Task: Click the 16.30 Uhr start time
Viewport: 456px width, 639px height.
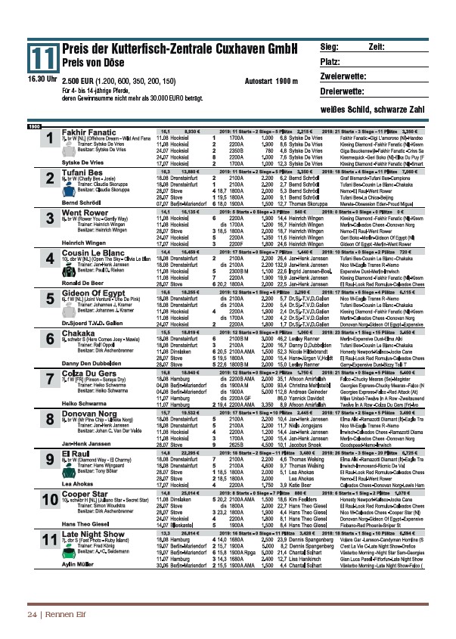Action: [x=42, y=79]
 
